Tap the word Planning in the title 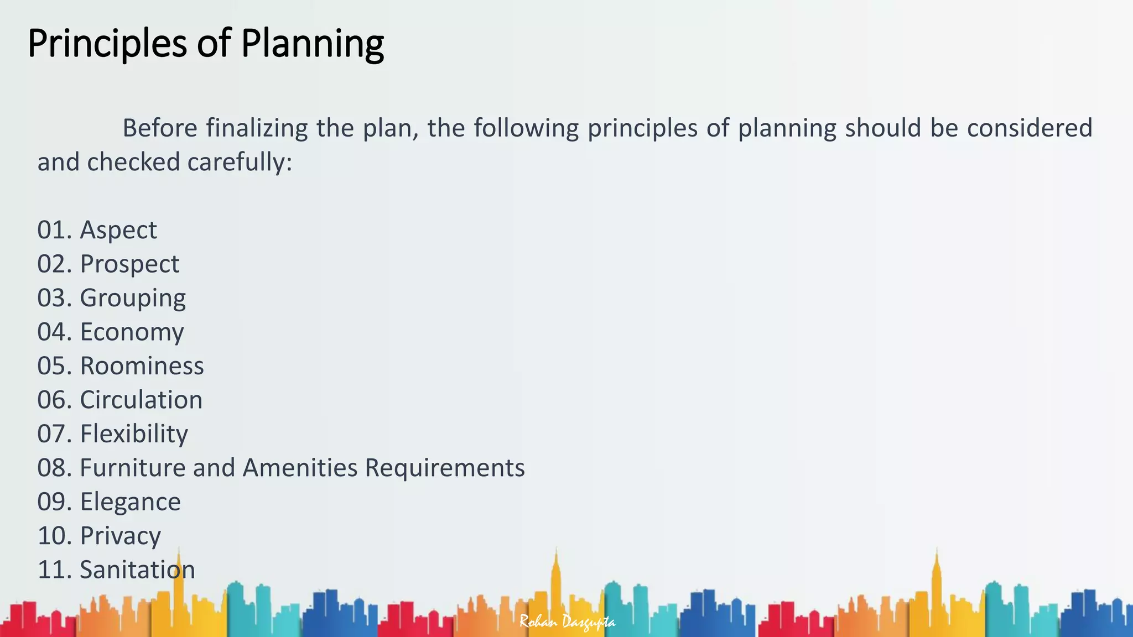pos(313,43)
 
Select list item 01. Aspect pos(97,230)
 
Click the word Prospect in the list pos(129,264)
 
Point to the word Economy pos(132,332)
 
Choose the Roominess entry pos(142,366)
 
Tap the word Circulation pos(141,400)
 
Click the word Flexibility pos(134,434)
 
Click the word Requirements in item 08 pos(444,468)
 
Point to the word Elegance pos(130,502)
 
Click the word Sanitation pos(137,570)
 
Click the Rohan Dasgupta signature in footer pos(567,622)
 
